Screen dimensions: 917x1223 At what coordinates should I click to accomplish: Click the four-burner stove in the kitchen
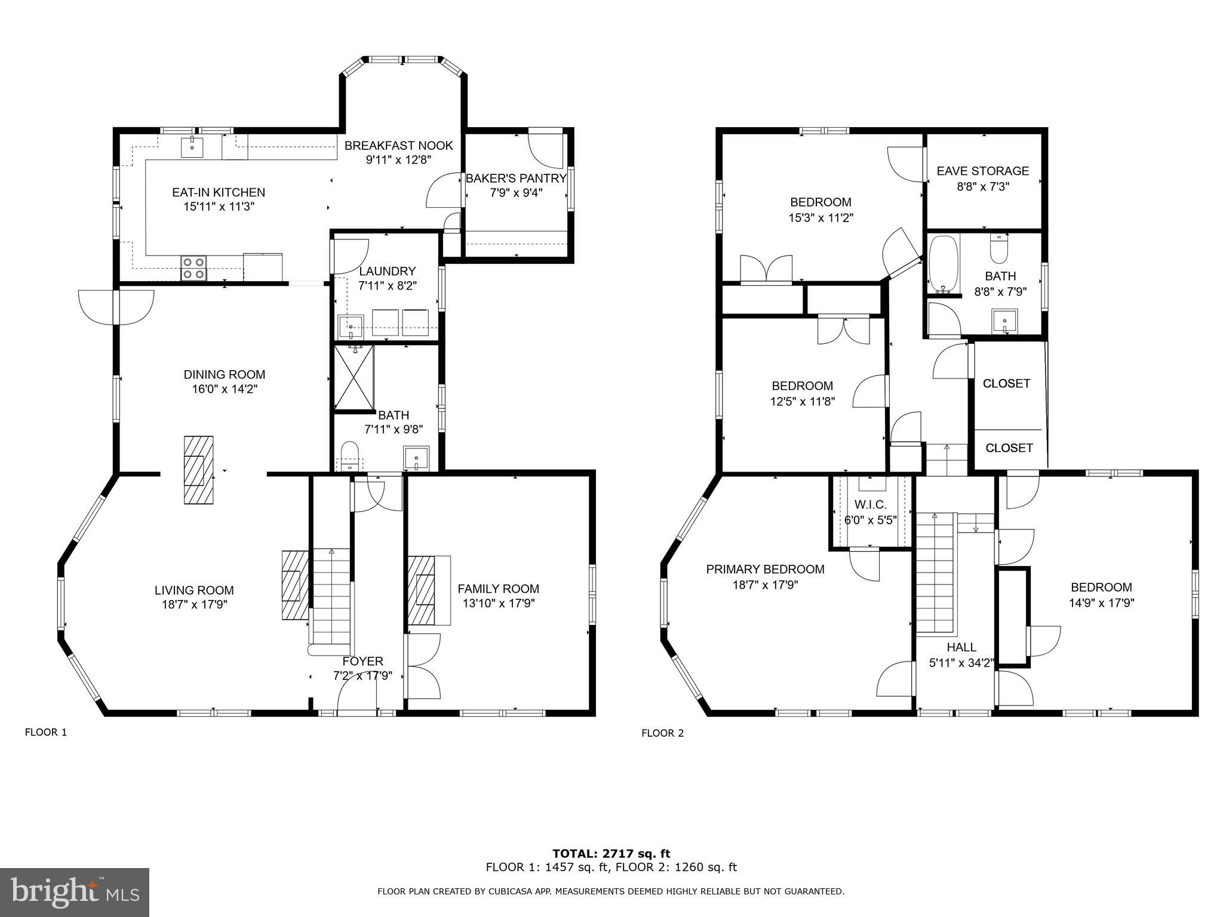(193, 267)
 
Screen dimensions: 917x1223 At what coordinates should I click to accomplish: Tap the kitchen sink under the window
(192, 146)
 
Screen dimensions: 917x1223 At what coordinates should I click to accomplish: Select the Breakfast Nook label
(398, 146)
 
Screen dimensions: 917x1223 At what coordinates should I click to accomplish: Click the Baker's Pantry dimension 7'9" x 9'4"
(516, 192)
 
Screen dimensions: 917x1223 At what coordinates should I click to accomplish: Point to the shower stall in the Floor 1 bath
(354, 377)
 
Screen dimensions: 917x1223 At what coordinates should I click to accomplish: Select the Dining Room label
(224, 374)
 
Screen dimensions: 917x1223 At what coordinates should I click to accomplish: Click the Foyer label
(362, 661)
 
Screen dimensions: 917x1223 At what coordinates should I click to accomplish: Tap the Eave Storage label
(982, 171)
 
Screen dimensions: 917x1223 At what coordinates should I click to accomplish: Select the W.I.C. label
(869, 505)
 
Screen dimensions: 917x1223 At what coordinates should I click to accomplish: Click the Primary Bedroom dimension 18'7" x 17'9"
(765, 584)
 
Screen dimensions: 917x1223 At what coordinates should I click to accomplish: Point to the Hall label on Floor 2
(961, 647)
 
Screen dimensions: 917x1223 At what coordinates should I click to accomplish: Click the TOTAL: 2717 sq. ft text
(611, 854)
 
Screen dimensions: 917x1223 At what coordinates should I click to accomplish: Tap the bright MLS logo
(75, 893)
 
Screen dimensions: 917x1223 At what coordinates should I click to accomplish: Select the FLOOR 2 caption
(662, 733)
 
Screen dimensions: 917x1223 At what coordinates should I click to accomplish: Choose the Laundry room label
(387, 271)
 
